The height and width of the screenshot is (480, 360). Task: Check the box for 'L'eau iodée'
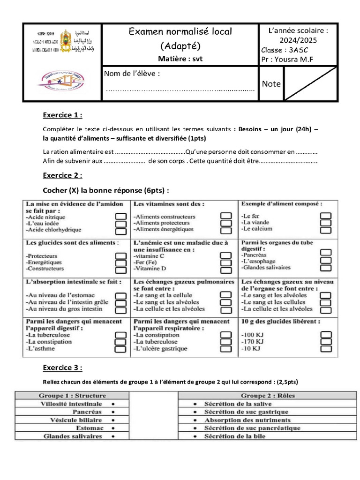(x=120, y=224)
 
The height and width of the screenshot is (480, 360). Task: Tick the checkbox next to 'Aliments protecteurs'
(x=226, y=223)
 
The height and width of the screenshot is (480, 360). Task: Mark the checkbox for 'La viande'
(x=325, y=223)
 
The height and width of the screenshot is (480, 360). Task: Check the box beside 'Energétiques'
(x=120, y=263)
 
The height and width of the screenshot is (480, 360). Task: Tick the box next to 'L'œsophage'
(x=325, y=260)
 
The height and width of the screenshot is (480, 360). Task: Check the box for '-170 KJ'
(x=325, y=342)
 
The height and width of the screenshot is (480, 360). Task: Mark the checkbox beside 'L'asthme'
(x=120, y=349)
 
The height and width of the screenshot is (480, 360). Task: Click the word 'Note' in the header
(x=271, y=84)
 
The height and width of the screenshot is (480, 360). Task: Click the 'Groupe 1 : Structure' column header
(x=72, y=396)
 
